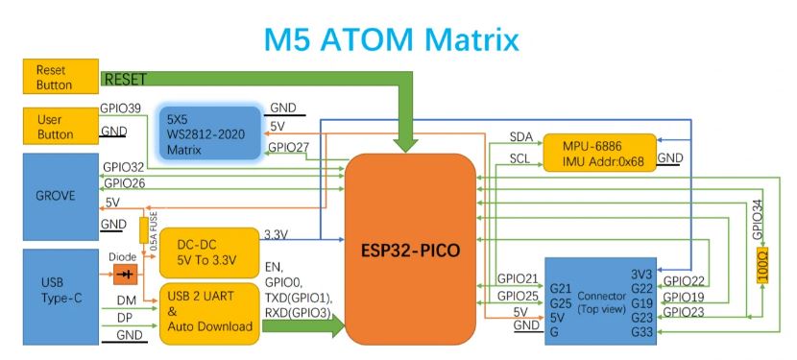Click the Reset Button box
point(61,76)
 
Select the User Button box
point(61,126)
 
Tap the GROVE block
point(61,197)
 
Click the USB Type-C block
point(61,297)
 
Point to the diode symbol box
point(125,275)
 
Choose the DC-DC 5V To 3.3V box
point(209,252)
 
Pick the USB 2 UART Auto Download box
point(209,313)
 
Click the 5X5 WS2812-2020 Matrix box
point(210,134)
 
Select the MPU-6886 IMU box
point(600,153)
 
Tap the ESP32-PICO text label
point(410,251)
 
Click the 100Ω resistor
point(762,265)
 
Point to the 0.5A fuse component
point(144,230)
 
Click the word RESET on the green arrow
point(125,80)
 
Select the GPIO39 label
point(120,108)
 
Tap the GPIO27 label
point(289,148)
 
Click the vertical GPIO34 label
point(758,220)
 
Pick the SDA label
point(521,136)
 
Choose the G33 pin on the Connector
point(641,332)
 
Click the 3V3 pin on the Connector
point(641,274)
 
